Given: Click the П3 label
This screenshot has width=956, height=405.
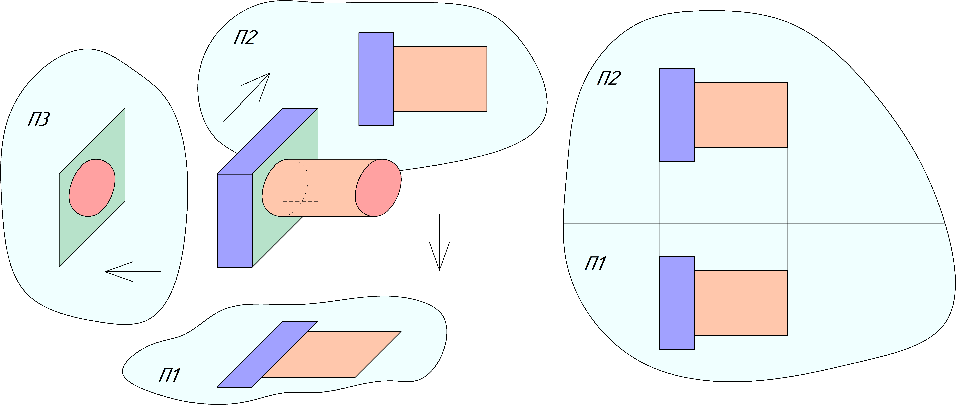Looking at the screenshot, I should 39,120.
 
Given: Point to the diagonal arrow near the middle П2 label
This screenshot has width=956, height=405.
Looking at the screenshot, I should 247,97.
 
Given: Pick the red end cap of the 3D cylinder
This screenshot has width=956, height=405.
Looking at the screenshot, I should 378,188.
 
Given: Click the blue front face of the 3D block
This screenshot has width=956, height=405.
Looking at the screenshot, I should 235,221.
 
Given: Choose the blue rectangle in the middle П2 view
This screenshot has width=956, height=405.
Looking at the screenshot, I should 376,79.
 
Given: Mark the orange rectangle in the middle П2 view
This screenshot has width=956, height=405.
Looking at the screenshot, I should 440,79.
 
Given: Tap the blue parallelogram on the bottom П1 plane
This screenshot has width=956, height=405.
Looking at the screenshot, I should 267,355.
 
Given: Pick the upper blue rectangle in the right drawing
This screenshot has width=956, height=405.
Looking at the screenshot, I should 677,115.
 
